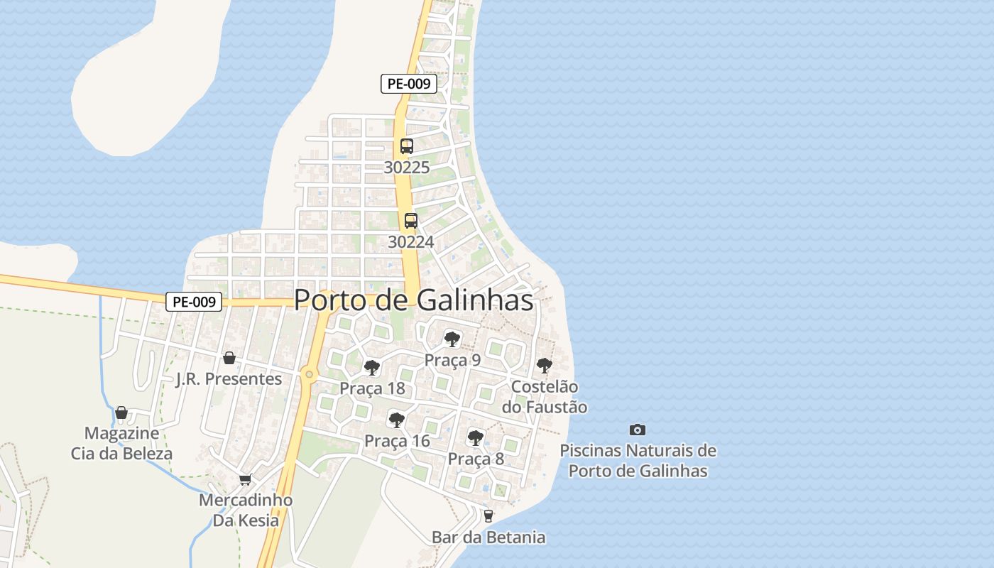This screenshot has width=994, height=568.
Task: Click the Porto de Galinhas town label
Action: pos(413,300)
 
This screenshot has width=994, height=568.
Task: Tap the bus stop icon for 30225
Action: pos(407,146)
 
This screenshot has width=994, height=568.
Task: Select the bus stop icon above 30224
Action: pos(411,220)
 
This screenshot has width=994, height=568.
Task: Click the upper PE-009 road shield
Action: pos(408,83)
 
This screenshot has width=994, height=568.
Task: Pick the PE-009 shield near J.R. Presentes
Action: pos(194,302)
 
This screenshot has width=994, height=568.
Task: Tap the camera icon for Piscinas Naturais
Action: pos(638,430)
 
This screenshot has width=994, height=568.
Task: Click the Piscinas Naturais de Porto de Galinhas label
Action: pos(638,460)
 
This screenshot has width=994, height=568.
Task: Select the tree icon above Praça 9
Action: pos(452,339)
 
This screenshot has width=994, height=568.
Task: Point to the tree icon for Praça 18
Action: pos(371,367)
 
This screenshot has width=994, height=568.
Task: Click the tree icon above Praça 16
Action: pos(397,420)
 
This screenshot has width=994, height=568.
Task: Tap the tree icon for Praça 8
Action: pos(476,437)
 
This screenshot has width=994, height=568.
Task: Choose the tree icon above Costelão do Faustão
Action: pos(545,366)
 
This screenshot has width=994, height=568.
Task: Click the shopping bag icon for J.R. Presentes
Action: pos(229,358)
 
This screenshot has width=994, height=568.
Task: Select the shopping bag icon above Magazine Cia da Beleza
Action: pos(121,413)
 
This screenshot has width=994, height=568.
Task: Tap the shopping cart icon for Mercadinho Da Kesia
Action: pos(245,479)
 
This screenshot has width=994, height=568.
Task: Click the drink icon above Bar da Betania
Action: pos(488,516)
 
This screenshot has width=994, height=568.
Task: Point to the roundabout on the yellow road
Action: pos(309,373)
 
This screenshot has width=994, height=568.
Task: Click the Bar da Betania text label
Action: pos(488,537)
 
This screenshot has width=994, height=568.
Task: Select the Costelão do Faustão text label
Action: pos(545,397)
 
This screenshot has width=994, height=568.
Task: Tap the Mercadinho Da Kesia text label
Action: pos(246,510)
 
